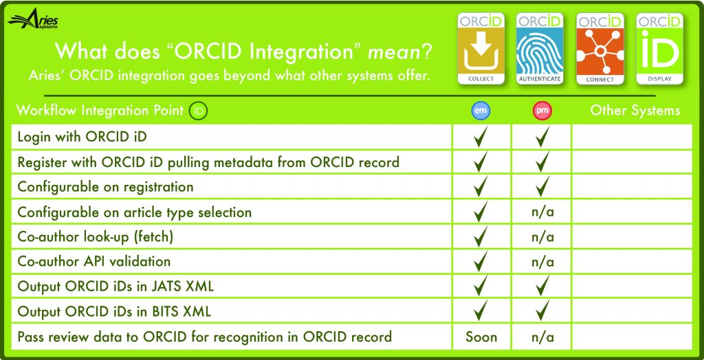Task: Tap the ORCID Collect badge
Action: (x=481, y=49)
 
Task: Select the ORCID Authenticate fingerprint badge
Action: (x=540, y=49)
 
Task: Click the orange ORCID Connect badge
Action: (x=599, y=49)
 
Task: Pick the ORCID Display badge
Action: (x=659, y=49)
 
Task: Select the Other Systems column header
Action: (x=635, y=111)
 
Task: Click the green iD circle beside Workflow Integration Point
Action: (x=198, y=111)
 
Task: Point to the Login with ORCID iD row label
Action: (x=82, y=137)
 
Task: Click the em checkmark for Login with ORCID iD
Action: (x=481, y=137)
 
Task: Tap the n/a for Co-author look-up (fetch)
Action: (x=542, y=236)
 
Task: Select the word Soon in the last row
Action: (x=481, y=337)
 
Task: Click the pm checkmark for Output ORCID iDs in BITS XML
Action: (x=542, y=311)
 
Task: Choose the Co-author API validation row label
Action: (x=93, y=261)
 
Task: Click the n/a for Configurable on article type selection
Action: (x=542, y=212)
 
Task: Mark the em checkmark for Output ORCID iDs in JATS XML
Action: (x=481, y=286)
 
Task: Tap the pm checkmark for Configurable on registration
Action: (x=542, y=186)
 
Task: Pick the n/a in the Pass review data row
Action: (x=542, y=337)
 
